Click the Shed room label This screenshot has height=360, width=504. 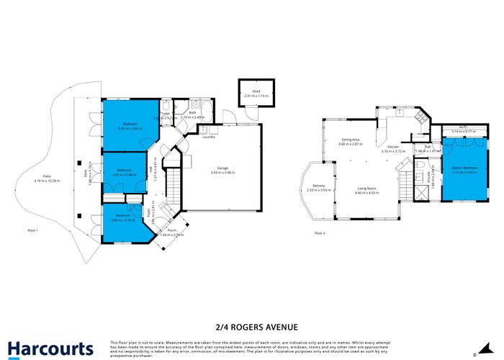(255, 91)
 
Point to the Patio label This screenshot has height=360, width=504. (46, 176)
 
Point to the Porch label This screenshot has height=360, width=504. (171, 230)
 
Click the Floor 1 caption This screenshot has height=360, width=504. (32, 230)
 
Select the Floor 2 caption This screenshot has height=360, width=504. (320, 233)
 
